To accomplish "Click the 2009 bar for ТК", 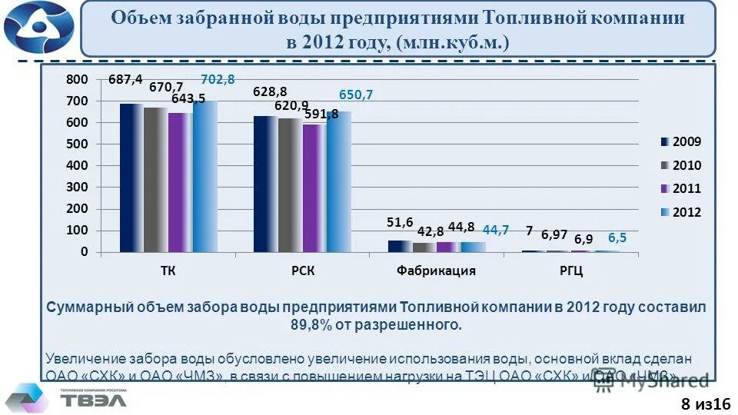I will (131, 178).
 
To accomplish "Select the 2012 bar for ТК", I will (205, 176).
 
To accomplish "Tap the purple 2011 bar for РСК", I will (314, 188).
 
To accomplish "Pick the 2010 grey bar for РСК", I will (290, 184).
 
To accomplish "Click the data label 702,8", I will (218, 78).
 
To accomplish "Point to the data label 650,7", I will (356, 95).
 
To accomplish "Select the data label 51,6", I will (400, 222).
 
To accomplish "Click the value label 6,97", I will (554, 234).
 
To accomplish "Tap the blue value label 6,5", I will (617, 238).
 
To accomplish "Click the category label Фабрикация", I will (436, 271).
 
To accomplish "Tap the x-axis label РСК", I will (302, 271).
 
